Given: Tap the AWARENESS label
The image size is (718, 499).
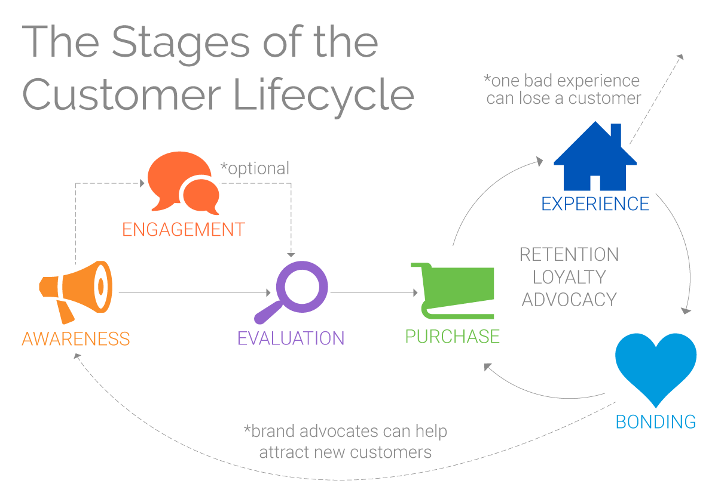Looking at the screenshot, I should (76, 338).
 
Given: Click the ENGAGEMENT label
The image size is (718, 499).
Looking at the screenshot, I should (184, 229).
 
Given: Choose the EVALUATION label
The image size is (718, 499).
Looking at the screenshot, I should (291, 338).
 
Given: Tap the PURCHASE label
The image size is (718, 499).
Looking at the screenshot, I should (453, 337).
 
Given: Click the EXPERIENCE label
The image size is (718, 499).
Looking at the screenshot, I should (595, 204).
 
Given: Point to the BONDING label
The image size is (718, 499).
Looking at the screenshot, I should (656, 421).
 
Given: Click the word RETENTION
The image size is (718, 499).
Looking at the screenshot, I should (569, 255).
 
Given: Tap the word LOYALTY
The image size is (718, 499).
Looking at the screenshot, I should (569, 277).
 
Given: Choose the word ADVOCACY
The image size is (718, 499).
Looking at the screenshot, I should (569, 299).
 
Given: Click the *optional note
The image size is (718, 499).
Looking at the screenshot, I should (255, 168).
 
